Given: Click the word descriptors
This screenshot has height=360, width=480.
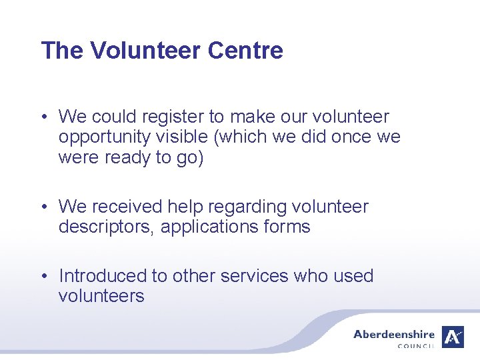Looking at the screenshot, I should click(107, 227).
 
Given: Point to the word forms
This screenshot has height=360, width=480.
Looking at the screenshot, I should click(288, 227).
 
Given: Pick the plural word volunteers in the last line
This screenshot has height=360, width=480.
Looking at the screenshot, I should click(101, 296).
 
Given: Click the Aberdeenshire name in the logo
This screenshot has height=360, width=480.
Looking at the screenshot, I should click(394, 334).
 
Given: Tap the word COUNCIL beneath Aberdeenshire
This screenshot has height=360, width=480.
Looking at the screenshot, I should click(416, 346).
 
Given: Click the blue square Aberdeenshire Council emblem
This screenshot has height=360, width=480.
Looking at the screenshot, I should click(454, 337).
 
